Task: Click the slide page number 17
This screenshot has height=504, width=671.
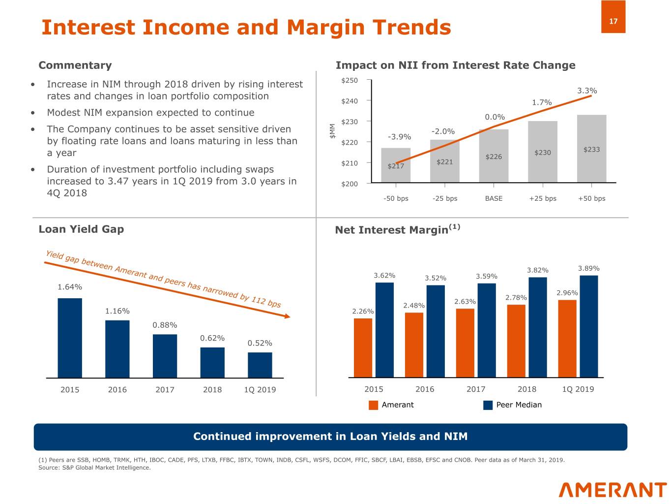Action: pos(613,21)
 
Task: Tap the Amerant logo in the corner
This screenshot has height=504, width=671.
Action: pos(613,490)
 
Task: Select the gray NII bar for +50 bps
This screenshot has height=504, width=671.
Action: pos(591,148)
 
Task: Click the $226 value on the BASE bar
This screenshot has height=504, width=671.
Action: pos(494,157)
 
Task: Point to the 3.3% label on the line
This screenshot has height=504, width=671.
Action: pos(587,91)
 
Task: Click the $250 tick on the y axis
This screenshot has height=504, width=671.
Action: pos(350,80)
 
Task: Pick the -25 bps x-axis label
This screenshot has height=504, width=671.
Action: pos(444,198)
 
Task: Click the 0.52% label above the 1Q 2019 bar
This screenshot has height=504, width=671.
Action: pos(260,343)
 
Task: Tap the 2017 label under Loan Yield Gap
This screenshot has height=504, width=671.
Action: pos(165,390)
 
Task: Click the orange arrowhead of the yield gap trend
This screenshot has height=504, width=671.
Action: pos(287,316)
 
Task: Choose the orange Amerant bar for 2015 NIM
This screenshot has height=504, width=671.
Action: pos(363,347)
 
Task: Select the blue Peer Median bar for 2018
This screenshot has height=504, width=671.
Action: pos(538,327)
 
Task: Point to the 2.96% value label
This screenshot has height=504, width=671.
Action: pos(567,293)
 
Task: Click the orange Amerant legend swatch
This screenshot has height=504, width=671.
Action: pos(374,405)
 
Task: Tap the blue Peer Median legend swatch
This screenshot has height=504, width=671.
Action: pos(488,405)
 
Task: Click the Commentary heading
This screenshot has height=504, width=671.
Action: pos(75,65)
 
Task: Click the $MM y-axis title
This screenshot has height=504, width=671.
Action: pos(332,131)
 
